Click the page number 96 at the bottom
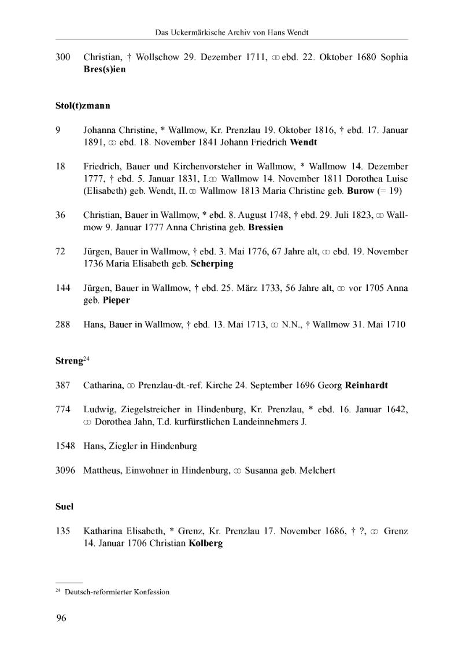[61, 618]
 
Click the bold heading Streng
[68, 361]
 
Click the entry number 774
[62, 409]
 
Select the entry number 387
[62, 385]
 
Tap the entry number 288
[62, 324]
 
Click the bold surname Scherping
[212, 264]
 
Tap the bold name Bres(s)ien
[104, 69]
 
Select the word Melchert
[317, 471]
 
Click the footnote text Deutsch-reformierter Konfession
[117, 592]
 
